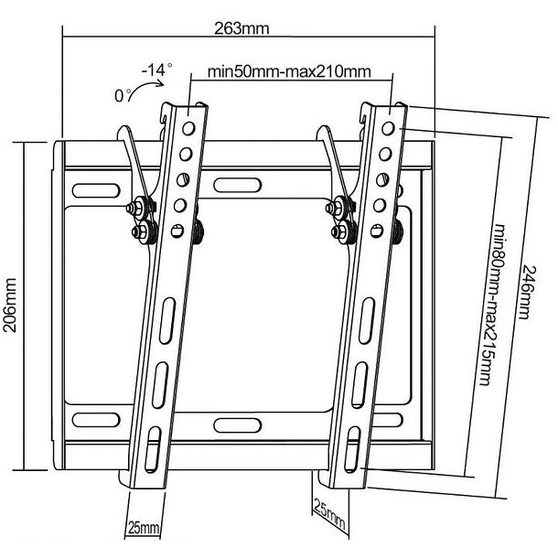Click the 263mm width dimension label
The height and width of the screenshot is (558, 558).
pos(241,28)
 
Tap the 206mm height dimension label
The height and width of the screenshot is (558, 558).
pos(10,305)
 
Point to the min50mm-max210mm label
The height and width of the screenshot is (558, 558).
pos(289,71)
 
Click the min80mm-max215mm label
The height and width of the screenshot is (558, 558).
pos(493,305)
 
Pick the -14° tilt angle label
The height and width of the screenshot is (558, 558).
pos(157,70)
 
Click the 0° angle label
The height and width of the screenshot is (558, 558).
pos(123,95)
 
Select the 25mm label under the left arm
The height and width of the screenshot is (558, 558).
pos(144,528)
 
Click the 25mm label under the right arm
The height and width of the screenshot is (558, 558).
pos(329,513)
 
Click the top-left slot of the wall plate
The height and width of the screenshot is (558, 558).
pos(96,190)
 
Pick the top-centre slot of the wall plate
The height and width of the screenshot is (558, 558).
pos(237,186)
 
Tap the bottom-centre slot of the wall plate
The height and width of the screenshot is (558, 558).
pos(237,425)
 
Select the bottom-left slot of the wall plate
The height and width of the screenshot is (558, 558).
pos(96,420)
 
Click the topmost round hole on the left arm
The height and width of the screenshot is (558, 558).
pos(188,128)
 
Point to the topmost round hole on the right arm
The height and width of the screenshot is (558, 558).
pos(388,128)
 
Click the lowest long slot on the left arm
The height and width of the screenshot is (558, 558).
pos(153,449)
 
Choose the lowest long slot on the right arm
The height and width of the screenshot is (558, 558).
pos(352,449)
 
